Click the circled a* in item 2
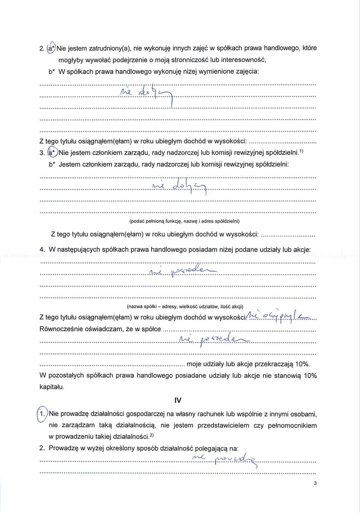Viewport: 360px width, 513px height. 51,48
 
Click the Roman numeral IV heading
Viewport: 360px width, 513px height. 178,400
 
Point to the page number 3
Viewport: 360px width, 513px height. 315,483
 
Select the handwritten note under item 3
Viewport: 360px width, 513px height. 180,186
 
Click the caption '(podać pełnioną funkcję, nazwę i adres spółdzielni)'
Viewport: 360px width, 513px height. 184,222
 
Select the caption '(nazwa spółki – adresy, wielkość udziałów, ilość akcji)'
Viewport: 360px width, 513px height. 185,306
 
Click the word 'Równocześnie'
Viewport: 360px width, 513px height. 62,330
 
